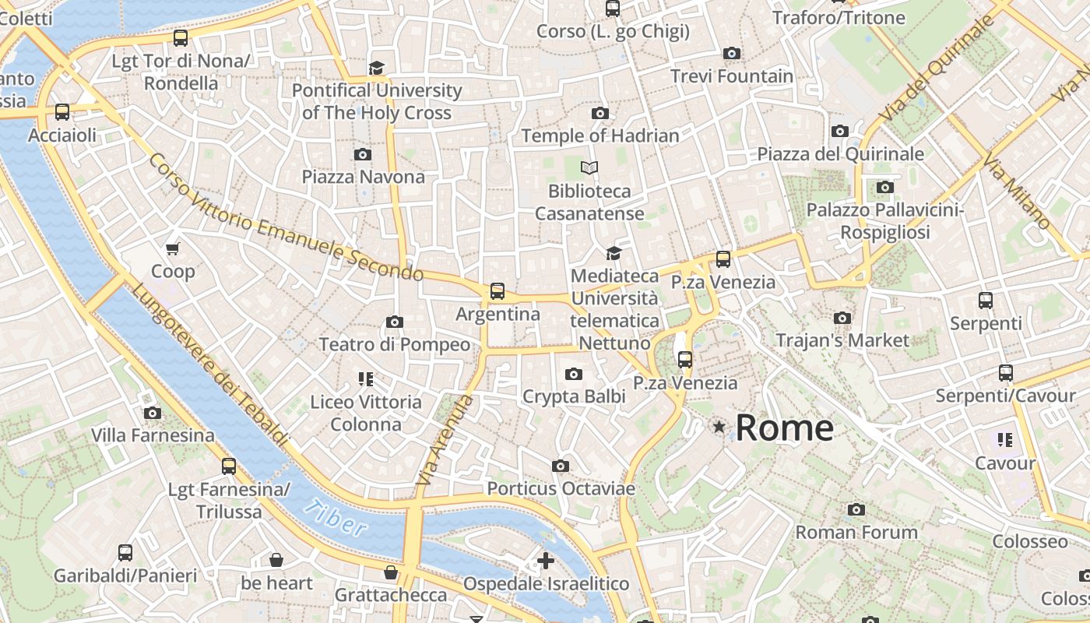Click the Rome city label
click(x=784, y=428)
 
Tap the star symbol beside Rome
click(x=719, y=427)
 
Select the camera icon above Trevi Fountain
click(x=731, y=53)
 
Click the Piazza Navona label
click(x=364, y=177)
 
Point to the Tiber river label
click(x=335, y=519)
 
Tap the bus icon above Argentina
click(x=497, y=291)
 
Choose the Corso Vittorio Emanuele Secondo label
click(x=284, y=217)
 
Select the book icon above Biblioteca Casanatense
click(x=589, y=167)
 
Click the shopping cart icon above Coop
click(x=173, y=248)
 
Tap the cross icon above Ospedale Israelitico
click(x=546, y=560)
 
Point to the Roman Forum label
click(x=856, y=533)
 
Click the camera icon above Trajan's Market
click(x=842, y=318)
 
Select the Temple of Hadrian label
click(x=600, y=136)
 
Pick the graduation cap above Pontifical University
click(x=377, y=68)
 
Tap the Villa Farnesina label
click(x=153, y=435)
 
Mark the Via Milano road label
click(x=1017, y=192)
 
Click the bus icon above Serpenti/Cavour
click(x=1005, y=373)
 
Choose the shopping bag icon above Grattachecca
click(x=391, y=572)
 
